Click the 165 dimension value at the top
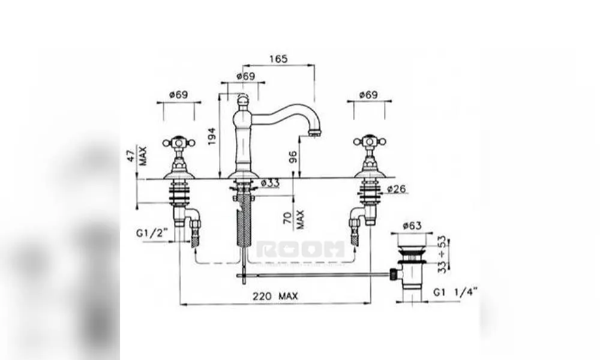tap(278, 59)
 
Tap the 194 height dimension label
tap(212, 136)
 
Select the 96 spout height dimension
tap(293, 157)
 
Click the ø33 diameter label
tap(270, 183)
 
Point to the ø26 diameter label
tap(397, 188)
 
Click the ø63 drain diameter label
tap(412, 226)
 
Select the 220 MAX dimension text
tap(275, 296)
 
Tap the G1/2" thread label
tap(152, 233)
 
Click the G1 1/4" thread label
tap(455, 292)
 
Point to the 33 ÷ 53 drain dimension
tap(442, 254)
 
